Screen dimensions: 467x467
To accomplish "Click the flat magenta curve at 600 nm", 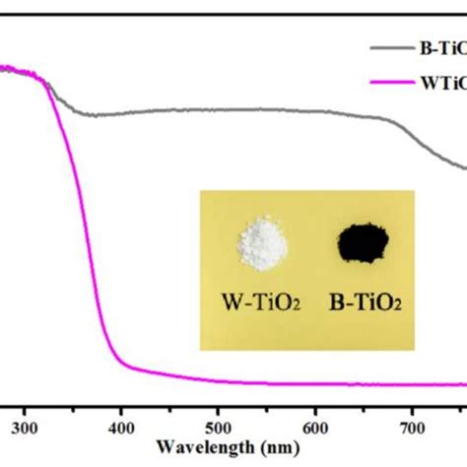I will pyautogui.click(x=314, y=382).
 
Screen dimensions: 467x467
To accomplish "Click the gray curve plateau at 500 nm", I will pyautogui.click(x=218, y=110).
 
